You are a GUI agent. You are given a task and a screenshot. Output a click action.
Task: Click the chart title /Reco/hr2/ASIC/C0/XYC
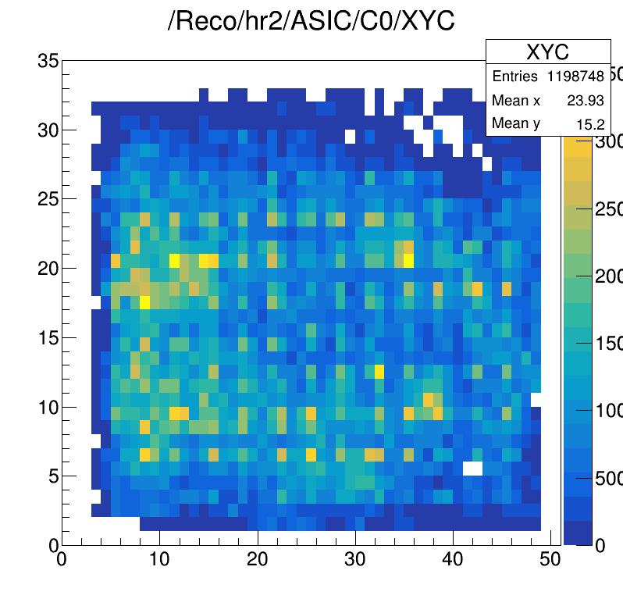pyautogui.click(x=311, y=21)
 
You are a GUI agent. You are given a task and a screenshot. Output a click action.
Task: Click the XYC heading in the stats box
pyautogui.click(x=547, y=52)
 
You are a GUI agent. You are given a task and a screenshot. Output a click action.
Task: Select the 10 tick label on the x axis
pyautogui.click(x=159, y=560)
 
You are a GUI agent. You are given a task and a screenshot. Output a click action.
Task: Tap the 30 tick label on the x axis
pyautogui.click(x=355, y=560)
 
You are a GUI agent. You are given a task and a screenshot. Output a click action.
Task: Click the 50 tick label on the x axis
pyautogui.click(x=551, y=560)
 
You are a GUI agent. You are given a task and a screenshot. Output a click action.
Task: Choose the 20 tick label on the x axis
pyautogui.click(x=258, y=560)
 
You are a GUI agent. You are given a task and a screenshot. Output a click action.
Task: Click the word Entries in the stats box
pyautogui.click(x=514, y=77)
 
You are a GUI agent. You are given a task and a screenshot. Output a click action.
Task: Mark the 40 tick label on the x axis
pyautogui.click(x=454, y=560)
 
